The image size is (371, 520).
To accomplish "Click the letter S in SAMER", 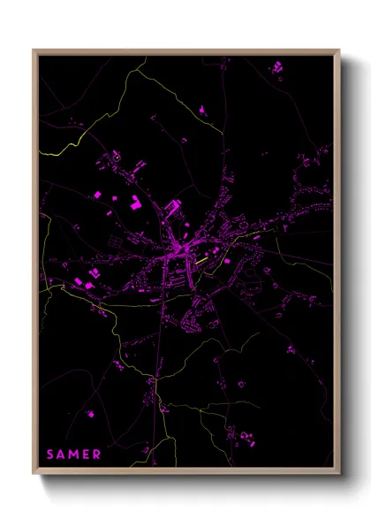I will pyautogui.click(x=50, y=455).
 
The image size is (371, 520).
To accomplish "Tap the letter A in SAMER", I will pyautogui.click(x=62, y=455).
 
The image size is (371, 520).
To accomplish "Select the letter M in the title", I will pyautogui.click(x=74, y=455).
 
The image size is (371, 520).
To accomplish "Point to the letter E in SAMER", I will pyautogui.click(x=86, y=455).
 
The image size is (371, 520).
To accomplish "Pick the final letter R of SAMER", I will pyautogui.click(x=97, y=455).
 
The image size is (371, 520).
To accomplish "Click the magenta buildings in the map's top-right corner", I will pyautogui.click(x=276, y=66).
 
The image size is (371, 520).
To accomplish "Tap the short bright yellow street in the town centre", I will pyautogui.click(x=202, y=262).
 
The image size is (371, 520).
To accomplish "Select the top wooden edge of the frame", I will pyautogui.click(x=186, y=51).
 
